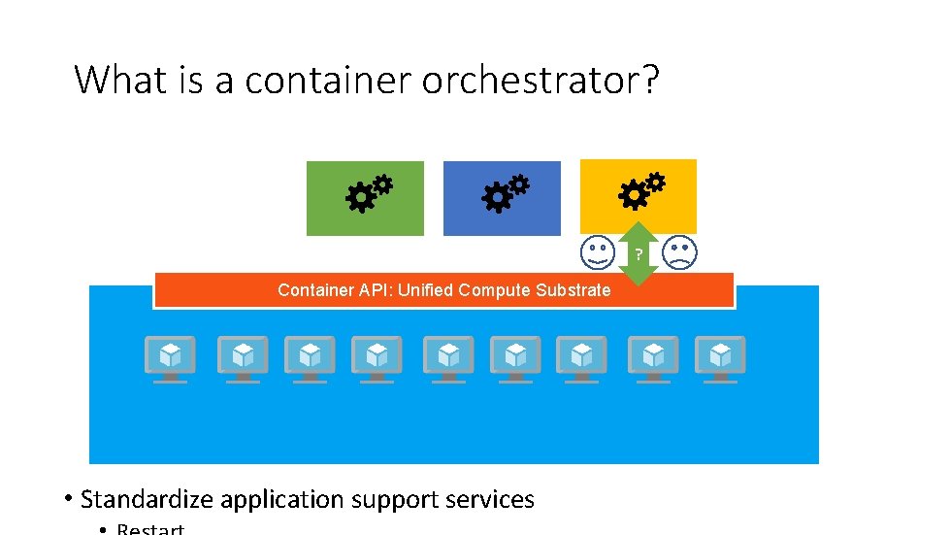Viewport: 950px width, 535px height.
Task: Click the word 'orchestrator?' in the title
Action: point(541,80)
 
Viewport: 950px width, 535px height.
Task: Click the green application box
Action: point(365,199)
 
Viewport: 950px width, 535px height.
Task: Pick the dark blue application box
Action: point(502,199)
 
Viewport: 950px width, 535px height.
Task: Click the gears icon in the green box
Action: point(370,192)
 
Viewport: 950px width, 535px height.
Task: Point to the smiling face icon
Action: point(597,253)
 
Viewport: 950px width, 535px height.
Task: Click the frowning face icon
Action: point(679,253)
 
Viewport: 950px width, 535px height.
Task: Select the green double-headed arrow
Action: point(638,253)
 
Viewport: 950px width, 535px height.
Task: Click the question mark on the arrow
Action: point(639,254)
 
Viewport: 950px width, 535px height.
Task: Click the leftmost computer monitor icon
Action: point(170,358)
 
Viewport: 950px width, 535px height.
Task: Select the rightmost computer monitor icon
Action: point(720,358)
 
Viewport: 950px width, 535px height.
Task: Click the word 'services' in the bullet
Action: point(490,500)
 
